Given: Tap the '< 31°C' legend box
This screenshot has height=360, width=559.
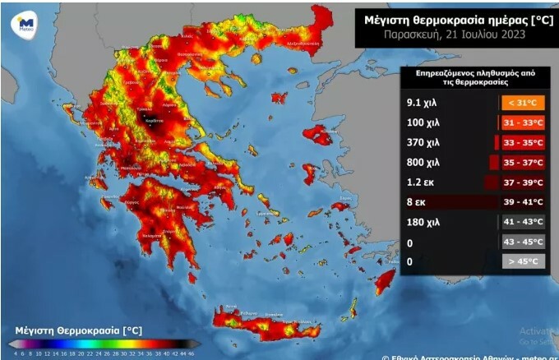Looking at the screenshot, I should coord(522,104).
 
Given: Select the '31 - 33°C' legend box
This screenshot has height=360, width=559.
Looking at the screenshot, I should coord(522,122).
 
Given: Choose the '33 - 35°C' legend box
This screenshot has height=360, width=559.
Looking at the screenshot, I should coord(522,142).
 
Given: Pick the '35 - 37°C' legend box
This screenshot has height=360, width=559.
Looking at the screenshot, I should coord(522,162).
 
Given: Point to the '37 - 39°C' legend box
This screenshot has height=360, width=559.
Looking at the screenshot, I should coord(522,182).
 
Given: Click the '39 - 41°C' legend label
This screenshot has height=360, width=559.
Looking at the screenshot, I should coord(522,201).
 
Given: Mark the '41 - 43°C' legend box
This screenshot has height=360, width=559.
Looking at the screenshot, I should coord(522,221).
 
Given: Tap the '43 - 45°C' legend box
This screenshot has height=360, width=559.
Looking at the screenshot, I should coord(522,241).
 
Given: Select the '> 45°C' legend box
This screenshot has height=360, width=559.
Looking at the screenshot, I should coord(522,261).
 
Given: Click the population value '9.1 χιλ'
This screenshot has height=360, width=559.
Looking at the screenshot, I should coord(423,104).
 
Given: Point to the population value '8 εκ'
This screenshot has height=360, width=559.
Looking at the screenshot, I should coord(417,201).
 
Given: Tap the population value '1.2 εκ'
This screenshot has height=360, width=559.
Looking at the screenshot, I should coord(420,182).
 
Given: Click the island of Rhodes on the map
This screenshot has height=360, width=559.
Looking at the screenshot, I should coord(384,283).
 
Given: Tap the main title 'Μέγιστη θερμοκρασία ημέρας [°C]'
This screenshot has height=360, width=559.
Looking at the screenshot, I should coord(452,16).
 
